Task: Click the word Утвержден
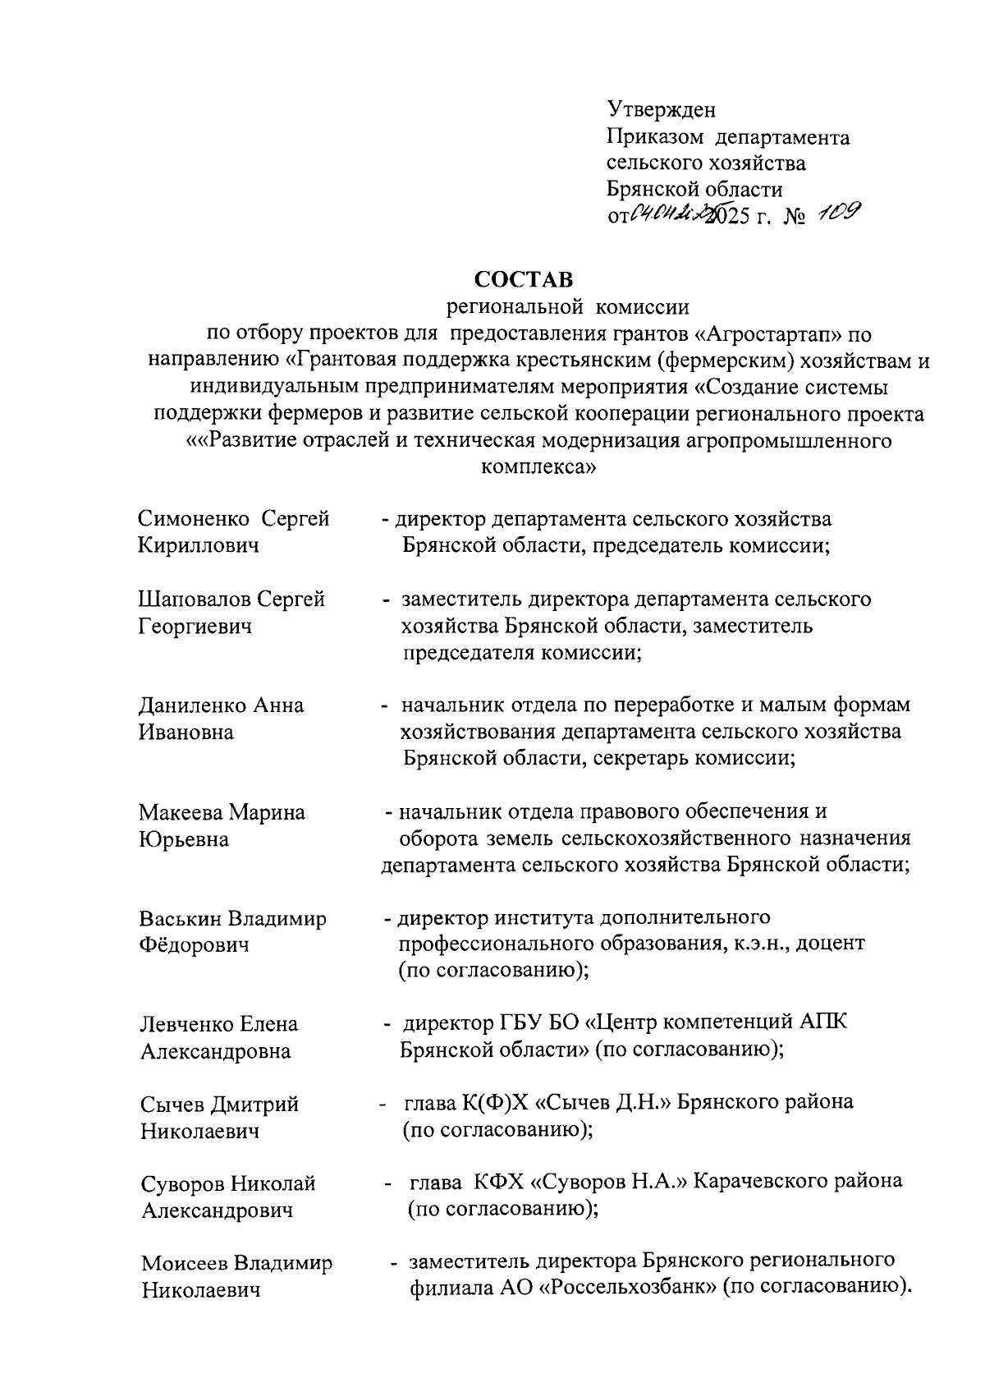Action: click(x=662, y=109)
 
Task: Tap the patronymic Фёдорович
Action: click(x=194, y=945)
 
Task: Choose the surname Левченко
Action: click(x=186, y=1025)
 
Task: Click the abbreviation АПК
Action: click(x=823, y=1022)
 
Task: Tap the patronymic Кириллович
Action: click(x=198, y=545)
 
